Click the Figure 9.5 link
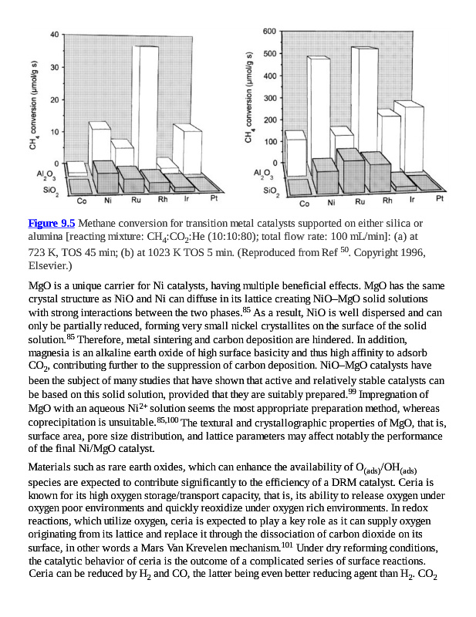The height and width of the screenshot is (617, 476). pos(52,223)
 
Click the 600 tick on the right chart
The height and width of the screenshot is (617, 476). pos(268,31)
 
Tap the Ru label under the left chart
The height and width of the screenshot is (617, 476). pos(137,200)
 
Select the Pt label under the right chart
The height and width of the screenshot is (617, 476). pos(440,198)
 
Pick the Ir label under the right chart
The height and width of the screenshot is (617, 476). pos(413,199)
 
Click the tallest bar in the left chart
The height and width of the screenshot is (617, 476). pos(144,108)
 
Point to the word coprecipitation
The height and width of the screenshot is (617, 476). pos(64,422)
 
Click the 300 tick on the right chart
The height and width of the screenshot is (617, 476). pos(268,98)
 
